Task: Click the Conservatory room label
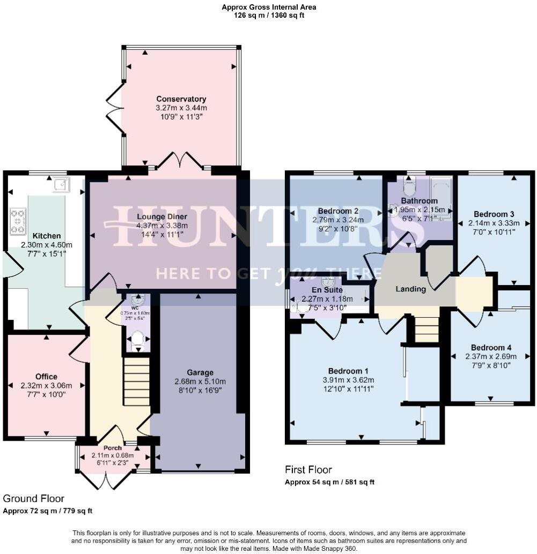(181, 99)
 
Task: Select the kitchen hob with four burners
(18, 221)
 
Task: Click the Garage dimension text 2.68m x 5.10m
(200, 382)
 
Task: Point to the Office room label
(46, 376)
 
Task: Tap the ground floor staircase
(137, 381)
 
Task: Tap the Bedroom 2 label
(338, 210)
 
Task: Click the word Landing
(410, 289)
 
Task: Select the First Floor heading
(308, 470)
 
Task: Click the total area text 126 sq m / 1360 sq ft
(269, 16)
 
